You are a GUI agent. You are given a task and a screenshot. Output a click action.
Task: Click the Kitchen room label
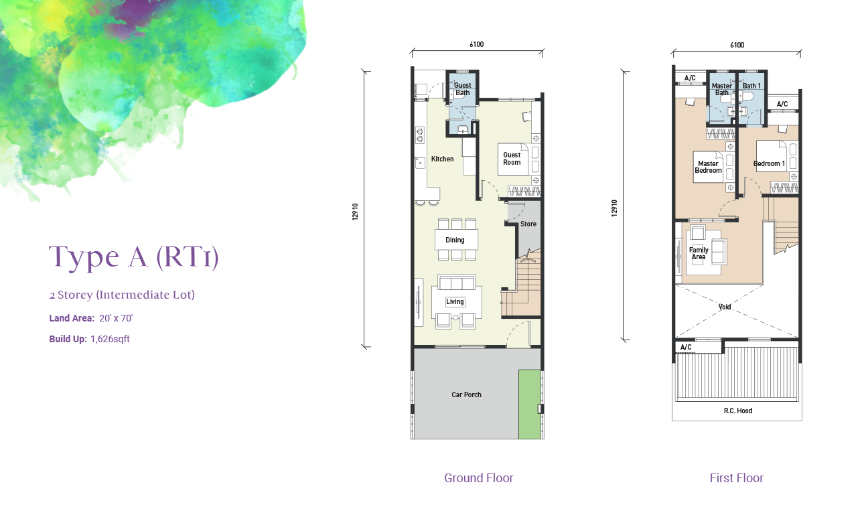[442, 159]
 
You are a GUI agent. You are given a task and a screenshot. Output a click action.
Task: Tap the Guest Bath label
[462, 89]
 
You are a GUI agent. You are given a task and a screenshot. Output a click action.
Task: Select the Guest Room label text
[512, 159]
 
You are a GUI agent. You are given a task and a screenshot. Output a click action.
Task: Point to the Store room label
[528, 224]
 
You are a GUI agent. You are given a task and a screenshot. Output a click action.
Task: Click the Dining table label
[455, 240]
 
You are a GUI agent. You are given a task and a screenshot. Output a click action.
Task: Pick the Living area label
[455, 301]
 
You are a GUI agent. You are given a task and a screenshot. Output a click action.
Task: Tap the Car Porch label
[466, 394]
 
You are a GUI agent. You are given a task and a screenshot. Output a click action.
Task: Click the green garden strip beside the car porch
[530, 404]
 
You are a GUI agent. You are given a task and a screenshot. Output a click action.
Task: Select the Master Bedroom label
[708, 167]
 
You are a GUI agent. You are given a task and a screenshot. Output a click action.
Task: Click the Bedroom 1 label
[769, 163]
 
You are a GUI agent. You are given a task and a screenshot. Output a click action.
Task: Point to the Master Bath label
[721, 89]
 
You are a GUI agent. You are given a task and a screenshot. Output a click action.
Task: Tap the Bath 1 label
[751, 86]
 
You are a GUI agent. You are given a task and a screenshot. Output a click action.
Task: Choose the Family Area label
[699, 253]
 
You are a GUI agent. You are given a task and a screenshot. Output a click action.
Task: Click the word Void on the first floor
[725, 307]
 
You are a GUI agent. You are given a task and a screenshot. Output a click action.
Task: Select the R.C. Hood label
[738, 411]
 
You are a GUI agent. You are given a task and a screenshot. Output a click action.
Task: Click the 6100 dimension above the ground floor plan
[477, 44]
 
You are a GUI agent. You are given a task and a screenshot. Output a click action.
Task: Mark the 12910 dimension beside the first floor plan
[614, 208]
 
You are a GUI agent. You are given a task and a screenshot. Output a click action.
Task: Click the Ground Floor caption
[479, 478]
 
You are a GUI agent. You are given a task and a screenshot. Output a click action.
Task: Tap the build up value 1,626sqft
[110, 339]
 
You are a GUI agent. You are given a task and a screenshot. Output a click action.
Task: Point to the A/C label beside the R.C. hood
[686, 347]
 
